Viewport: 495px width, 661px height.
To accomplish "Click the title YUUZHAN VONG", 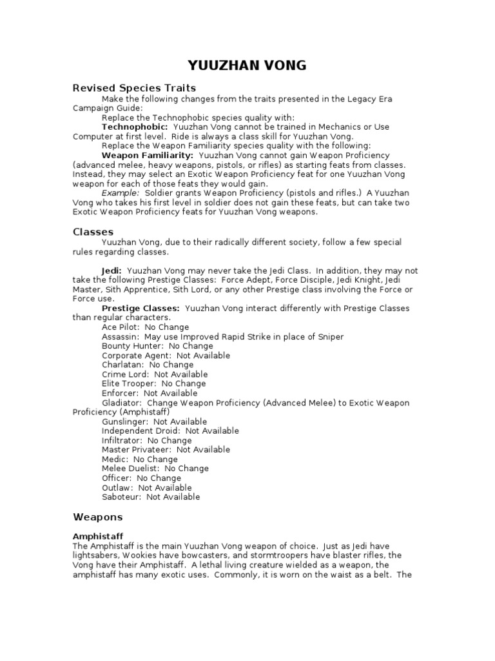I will pyautogui.click(x=247, y=65).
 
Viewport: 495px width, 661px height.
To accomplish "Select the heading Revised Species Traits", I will pyautogui.click(x=134, y=88).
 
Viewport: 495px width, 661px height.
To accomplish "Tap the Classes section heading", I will pyautogui.click(x=93, y=231).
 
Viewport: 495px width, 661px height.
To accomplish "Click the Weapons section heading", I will pyautogui.click(x=97, y=517).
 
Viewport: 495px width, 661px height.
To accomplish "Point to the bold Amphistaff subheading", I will pyautogui.click(x=97, y=536).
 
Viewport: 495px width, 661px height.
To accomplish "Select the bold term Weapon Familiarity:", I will pyautogui.click(x=148, y=156).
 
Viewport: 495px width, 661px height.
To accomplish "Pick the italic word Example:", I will pyautogui.click(x=121, y=193).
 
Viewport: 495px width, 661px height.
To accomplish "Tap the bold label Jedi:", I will pyautogui.click(x=112, y=270).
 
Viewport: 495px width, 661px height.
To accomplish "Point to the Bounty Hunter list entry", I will pyautogui.click(x=148, y=346).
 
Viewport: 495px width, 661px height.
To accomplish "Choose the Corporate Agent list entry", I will pyautogui.click(x=166, y=355).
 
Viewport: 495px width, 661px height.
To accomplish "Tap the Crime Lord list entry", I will pyautogui.click(x=155, y=374).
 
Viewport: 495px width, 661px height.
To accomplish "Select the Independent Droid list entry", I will pyautogui.click(x=170, y=431).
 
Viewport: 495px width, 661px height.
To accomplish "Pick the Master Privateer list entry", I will pyautogui.click(x=166, y=449).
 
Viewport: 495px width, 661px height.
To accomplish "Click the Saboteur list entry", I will pyautogui.click(x=151, y=497).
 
